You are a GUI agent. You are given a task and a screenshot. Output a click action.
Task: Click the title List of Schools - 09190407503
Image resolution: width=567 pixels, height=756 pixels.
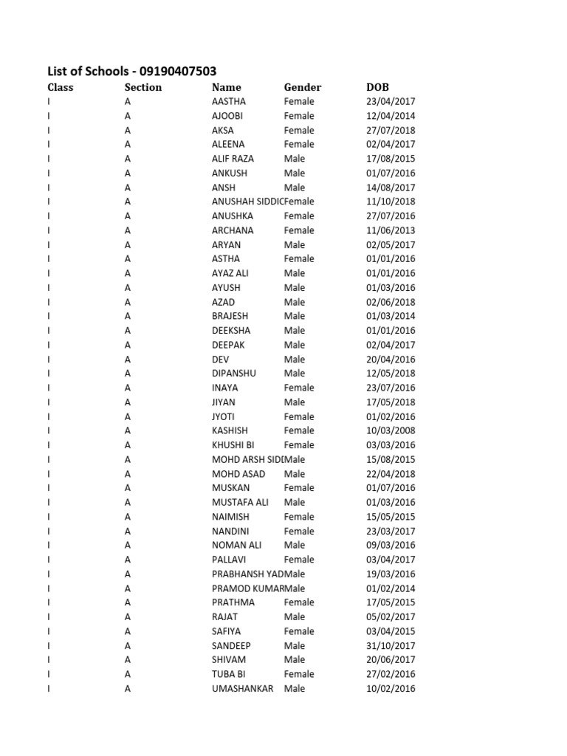tap(132, 71)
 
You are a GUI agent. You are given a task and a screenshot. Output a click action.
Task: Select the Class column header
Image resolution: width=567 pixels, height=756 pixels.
tap(61, 87)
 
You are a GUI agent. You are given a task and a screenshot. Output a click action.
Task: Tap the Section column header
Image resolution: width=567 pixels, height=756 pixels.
tap(143, 87)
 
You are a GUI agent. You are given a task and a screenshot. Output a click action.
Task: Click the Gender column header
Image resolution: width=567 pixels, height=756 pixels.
tap(303, 87)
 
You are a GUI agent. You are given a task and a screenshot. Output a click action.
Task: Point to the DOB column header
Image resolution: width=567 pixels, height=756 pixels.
tap(377, 87)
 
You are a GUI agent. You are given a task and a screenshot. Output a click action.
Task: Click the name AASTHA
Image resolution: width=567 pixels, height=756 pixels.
tap(229, 101)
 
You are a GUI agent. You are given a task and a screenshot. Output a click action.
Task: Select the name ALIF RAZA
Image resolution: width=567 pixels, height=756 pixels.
tap(233, 159)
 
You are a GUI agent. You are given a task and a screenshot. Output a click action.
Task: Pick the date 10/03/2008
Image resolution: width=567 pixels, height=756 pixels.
tap(391, 430)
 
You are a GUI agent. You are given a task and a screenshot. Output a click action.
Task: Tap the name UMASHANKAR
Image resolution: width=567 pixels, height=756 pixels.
tap(242, 689)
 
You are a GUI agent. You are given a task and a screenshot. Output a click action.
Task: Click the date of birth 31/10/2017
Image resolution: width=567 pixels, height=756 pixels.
tap(391, 645)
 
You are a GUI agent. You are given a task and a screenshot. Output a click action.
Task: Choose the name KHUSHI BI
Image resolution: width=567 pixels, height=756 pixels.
tap(233, 445)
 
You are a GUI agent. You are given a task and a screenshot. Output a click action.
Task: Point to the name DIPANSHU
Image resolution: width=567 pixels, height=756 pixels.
tap(234, 374)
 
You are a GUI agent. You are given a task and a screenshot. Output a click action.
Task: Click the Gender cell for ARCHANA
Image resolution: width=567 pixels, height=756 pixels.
tap(299, 230)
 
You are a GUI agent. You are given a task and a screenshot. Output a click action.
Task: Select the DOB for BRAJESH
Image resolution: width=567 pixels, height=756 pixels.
tap(391, 316)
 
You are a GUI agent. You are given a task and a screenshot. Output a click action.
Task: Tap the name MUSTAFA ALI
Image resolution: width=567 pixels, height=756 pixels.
tap(240, 502)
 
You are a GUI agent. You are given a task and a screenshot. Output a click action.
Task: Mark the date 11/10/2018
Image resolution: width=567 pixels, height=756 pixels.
tap(391, 202)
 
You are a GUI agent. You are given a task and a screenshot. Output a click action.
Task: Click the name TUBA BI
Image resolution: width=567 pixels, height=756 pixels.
tap(227, 674)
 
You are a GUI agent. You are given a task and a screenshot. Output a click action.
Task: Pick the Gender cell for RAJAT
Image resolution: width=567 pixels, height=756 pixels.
tap(295, 616)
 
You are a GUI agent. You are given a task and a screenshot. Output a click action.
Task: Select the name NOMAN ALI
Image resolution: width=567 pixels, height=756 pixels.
tap(236, 545)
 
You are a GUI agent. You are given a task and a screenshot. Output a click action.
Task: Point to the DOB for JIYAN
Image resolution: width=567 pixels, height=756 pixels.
tap(391, 402)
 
